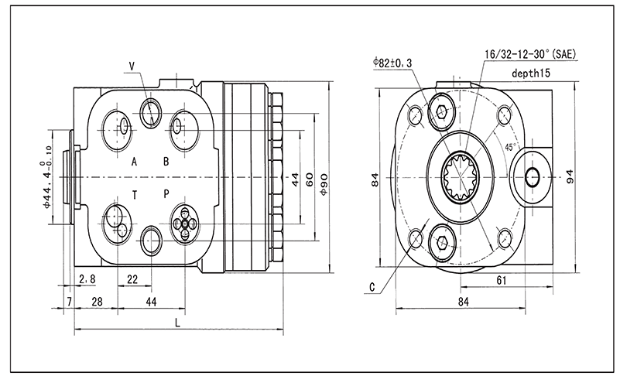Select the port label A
134,162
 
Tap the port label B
166,162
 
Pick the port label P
166,193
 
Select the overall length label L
179,323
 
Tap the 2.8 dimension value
87,279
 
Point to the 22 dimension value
132,279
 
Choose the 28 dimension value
97,300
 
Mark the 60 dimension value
310,179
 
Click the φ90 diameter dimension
324,179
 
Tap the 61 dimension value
501,281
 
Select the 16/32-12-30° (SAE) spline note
530,54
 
